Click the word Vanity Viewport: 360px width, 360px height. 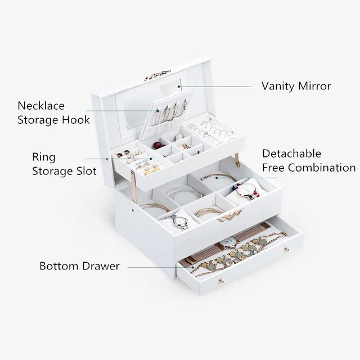click(x=278, y=86)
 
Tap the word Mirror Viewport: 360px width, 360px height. click(x=314, y=86)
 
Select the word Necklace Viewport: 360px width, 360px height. click(x=41, y=106)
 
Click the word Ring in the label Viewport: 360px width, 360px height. click(x=44, y=157)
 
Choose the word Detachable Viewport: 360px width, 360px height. click(x=291, y=154)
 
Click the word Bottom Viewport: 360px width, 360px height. click(x=59, y=266)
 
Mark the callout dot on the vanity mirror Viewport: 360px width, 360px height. click(x=179, y=87)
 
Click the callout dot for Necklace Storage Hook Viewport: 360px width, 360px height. click(x=157, y=111)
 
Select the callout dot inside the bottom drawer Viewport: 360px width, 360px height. click(x=193, y=267)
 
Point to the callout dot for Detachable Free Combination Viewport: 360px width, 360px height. click(x=217, y=178)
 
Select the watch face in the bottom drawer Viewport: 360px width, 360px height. click(x=228, y=242)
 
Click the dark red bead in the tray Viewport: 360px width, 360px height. click(x=157, y=145)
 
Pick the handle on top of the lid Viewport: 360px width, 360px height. click(x=157, y=75)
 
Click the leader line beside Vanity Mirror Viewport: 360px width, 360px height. click(x=215, y=87)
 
